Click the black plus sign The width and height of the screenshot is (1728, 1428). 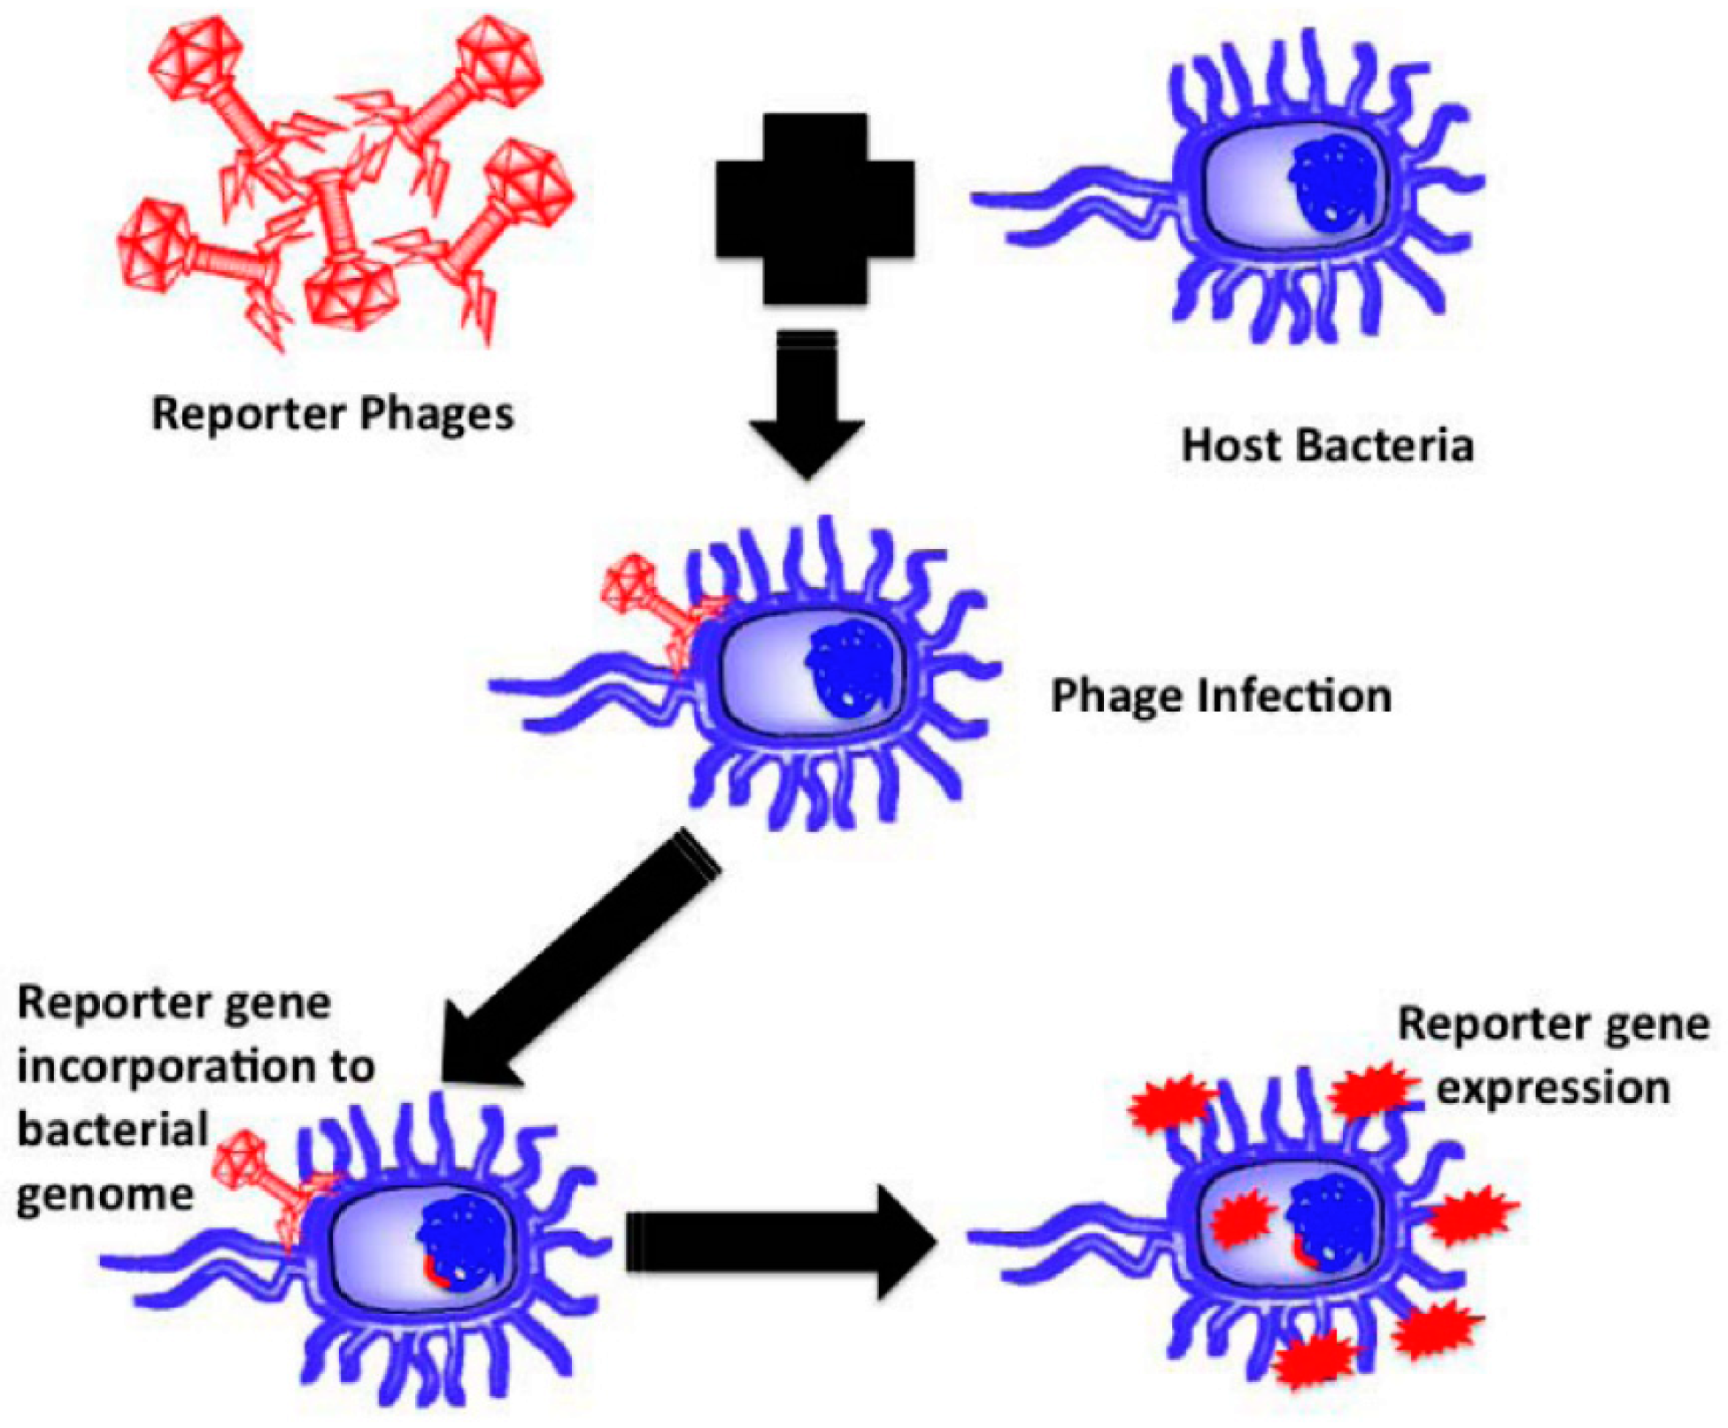click(814, 209)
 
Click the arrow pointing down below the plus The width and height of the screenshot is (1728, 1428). click(806, 407)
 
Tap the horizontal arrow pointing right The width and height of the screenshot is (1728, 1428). click(779, 1242)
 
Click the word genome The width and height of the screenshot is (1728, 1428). click(104, 1195)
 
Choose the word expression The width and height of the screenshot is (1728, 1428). click(1553, 1088)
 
